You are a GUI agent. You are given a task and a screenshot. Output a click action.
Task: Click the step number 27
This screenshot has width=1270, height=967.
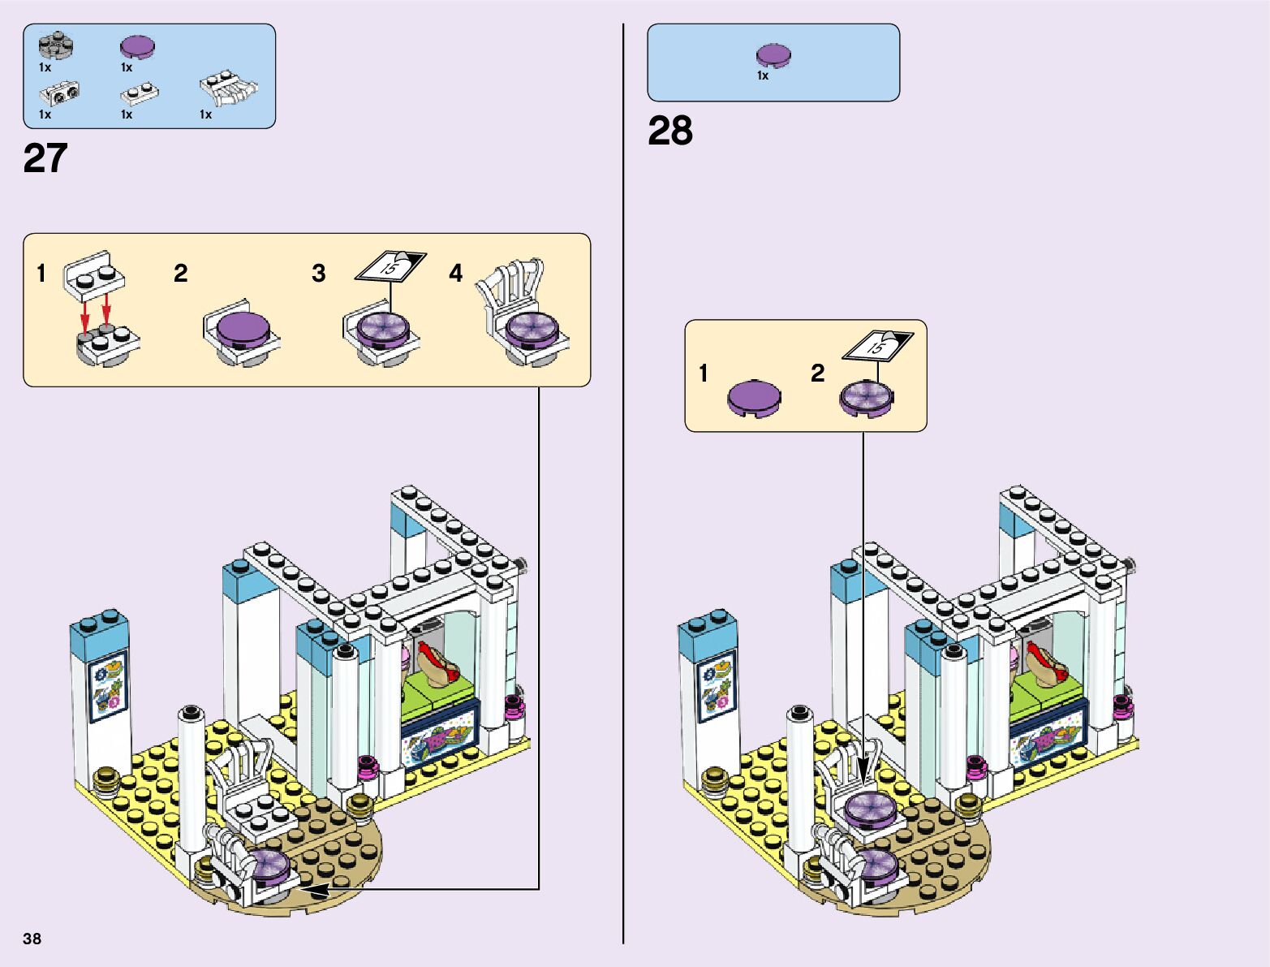45,158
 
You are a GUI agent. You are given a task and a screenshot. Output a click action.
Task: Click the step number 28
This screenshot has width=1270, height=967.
670,131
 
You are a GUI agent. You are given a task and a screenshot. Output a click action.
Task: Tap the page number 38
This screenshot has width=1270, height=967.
32,939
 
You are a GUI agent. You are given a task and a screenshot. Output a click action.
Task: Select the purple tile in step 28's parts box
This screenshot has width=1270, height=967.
773,56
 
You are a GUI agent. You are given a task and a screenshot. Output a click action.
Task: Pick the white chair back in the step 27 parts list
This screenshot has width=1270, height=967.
229,88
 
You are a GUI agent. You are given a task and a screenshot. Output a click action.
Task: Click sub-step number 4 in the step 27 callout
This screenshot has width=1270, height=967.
456,274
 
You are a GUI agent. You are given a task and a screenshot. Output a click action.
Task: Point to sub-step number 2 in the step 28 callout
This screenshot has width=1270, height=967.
817,373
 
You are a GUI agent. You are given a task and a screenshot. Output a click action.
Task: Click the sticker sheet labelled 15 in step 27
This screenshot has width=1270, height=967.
391,265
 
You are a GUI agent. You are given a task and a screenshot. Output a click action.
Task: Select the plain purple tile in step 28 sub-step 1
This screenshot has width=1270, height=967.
755,398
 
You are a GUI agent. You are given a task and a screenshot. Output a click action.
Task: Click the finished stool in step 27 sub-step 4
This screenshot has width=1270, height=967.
523,316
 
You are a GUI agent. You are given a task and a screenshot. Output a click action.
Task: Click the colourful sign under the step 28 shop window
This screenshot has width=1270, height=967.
1048,742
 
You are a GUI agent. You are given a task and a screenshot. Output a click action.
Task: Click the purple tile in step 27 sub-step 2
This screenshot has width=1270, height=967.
241,327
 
